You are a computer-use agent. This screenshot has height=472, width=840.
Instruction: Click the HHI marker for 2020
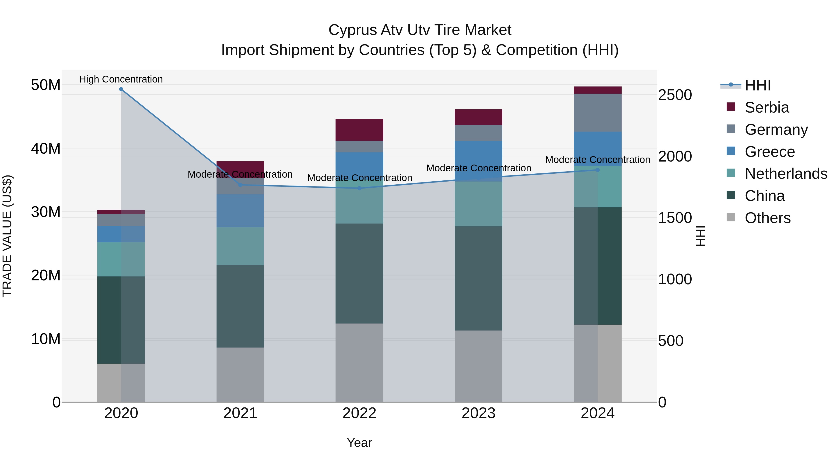click(121, 89)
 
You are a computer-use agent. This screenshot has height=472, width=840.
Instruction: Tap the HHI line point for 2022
click(359, 188)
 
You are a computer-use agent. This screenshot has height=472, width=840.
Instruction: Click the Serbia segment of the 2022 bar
click(359, 130)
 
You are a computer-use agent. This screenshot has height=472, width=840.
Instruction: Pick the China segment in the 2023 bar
click(478, 279)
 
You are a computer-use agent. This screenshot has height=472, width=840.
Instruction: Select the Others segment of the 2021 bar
click(240, 375)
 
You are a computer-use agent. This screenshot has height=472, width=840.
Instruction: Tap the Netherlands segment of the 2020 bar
click(121, 259)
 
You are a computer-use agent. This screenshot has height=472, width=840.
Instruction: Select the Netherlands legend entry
click(786, 174)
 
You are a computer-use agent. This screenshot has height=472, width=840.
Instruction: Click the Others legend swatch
click(731, 217)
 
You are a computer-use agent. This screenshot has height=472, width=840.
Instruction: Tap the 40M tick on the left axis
click(46, 148)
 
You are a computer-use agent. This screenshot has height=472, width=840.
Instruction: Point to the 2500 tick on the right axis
click(675, 95)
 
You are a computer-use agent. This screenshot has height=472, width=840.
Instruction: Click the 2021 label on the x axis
click(240, 413)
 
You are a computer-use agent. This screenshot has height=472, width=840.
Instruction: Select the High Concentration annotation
click(121, 79)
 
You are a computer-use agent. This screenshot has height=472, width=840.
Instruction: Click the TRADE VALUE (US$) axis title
click(7, 236)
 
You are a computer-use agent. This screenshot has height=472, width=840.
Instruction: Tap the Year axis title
click(359, 443)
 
